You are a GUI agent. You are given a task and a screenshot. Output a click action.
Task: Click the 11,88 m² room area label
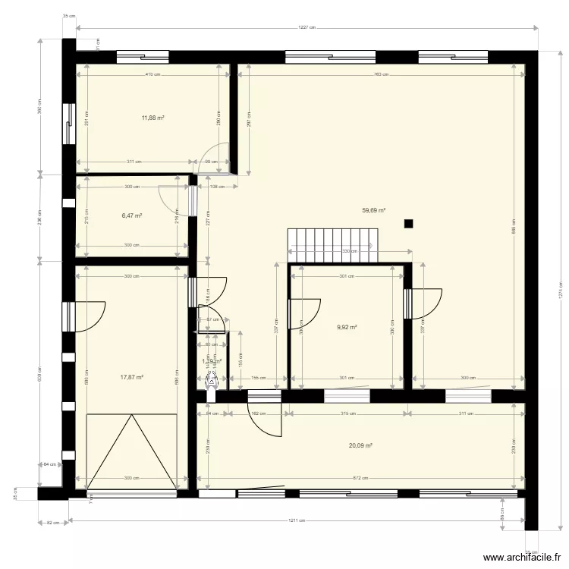[152, 118]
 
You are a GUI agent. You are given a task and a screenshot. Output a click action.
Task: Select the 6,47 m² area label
[132, 215]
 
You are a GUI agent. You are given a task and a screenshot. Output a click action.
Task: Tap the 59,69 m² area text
[373, 211]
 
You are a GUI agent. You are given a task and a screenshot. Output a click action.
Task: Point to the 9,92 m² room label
[347, 329]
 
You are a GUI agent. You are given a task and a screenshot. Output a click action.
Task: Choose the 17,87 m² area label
[132, 376]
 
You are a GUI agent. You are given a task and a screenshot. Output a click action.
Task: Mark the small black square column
[408, 223]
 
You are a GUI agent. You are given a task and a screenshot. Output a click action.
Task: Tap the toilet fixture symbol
[212, 382]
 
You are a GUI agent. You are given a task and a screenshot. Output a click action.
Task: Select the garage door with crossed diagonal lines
[132, 452]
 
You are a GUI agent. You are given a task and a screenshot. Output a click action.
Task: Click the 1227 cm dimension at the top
[307, 27]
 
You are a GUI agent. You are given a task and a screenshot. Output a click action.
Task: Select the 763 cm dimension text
[381, 74]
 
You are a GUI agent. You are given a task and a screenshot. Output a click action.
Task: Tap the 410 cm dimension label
[153, 74]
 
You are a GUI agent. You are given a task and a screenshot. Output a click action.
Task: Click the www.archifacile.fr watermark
[523, 557]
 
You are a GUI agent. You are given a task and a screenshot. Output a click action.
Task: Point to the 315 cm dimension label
[348, 413]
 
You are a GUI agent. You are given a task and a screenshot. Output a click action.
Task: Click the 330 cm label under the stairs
[349, 251]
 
